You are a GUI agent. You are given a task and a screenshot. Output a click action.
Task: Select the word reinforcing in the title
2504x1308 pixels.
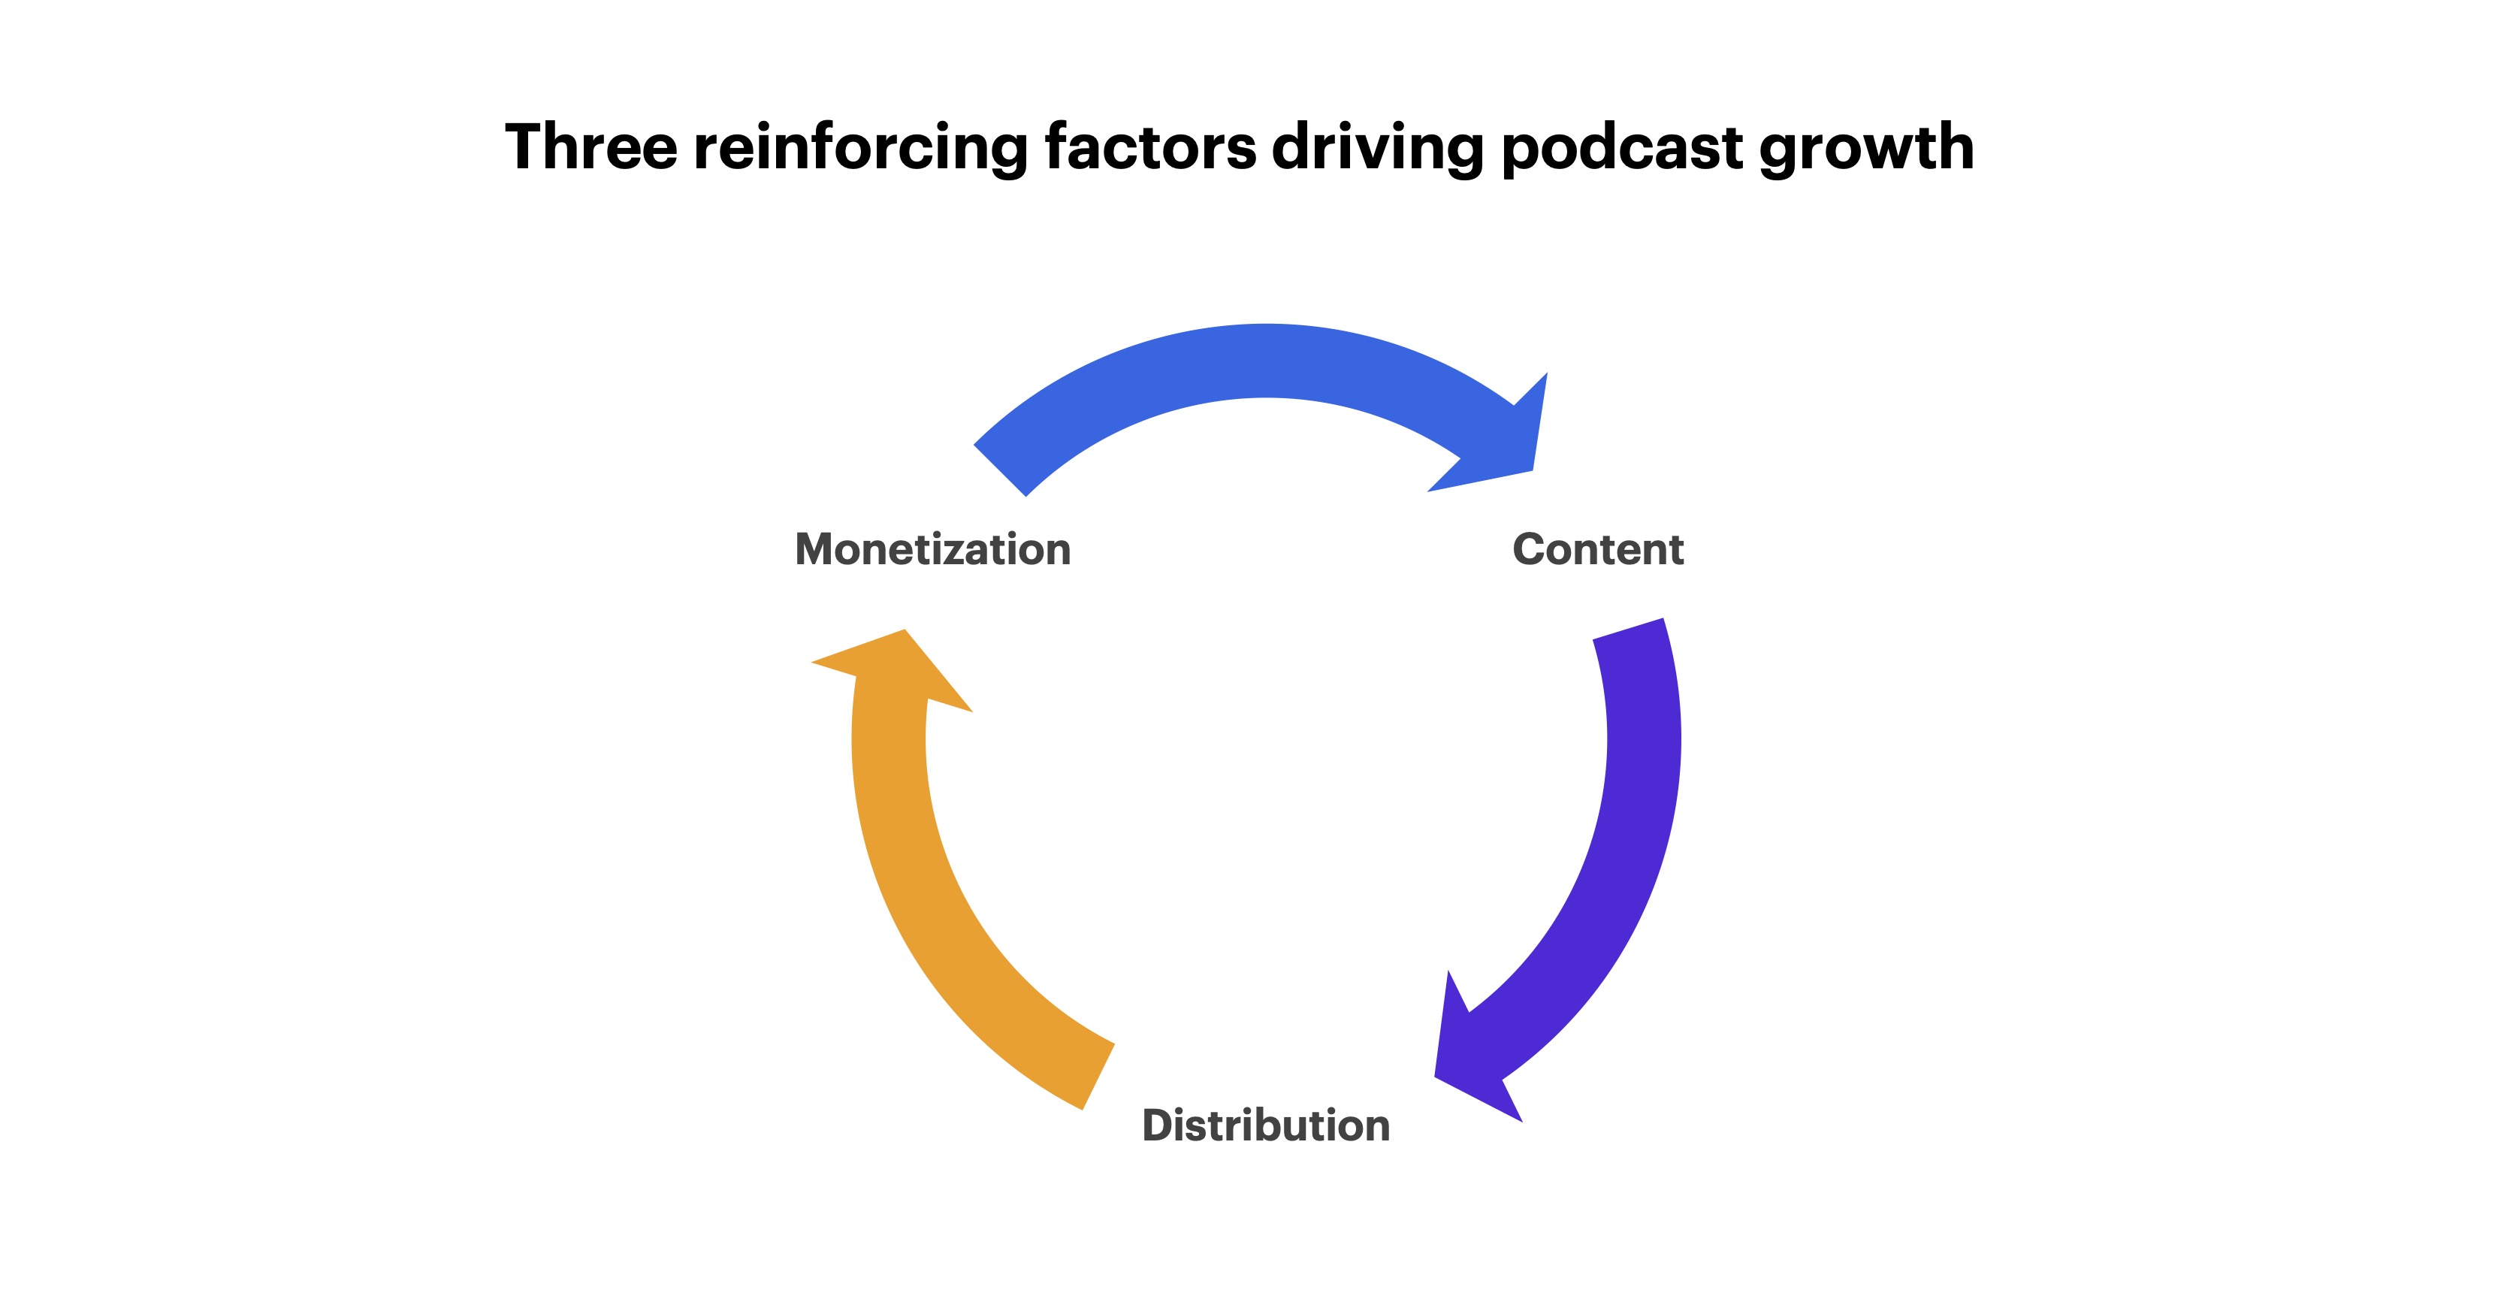[860, 149]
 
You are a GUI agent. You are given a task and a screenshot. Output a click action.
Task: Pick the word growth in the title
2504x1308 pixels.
[1866, 149]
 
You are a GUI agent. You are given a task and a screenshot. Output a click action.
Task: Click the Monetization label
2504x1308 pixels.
[933, 549]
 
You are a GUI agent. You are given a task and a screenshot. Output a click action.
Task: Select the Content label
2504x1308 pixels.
[1598, 549]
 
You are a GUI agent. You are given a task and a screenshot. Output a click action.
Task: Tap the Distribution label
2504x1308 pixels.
[1266, 1125]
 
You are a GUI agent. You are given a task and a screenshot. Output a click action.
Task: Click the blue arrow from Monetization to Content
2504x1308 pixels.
[1266, 361]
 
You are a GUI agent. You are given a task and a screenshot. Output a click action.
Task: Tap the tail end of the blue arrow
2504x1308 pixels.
[999, 470]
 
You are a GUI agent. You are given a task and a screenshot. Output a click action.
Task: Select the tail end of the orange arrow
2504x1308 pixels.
[1098, 1077]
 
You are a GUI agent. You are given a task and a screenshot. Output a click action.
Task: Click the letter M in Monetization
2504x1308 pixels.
[817, 549]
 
